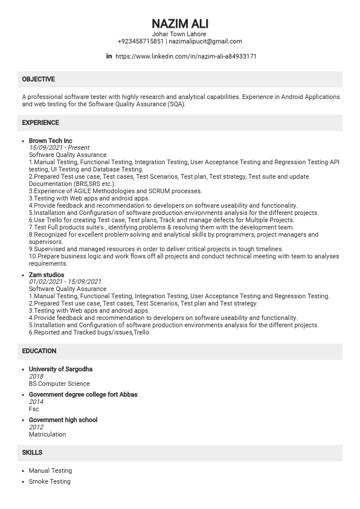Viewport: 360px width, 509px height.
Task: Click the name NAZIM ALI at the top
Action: pos(180,24)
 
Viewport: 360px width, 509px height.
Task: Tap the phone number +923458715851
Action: pos(141,42)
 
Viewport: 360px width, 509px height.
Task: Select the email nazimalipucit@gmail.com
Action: pos(205,42)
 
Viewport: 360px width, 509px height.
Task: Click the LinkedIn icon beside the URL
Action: pos(109,56)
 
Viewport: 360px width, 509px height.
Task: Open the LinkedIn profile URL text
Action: pos(185,56)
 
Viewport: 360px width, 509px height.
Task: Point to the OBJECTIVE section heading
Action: pos(38,79)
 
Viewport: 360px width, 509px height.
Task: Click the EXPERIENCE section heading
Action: pos(40,123)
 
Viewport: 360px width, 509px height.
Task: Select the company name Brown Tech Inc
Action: pos(50,140)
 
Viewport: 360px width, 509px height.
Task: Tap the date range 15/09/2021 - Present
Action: pos(59,147)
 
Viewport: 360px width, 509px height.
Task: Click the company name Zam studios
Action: pos(47,275)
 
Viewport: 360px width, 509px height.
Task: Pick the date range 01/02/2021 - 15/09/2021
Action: pos(65,281)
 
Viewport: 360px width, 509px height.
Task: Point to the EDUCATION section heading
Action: pos(39,351)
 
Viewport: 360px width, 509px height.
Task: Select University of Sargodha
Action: pos(60,369)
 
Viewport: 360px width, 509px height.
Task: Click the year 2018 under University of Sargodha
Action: pos(36,376)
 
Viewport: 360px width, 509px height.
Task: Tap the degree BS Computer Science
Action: pos(59,383)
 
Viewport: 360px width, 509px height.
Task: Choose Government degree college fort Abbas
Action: pos(83,394)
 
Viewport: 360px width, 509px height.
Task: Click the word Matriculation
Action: pos(47,434)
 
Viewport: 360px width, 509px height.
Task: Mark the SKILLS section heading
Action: pos(32,452)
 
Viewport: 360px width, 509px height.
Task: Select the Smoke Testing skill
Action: pos(50,481)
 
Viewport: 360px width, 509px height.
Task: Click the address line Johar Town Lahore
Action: pos(180,34)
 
